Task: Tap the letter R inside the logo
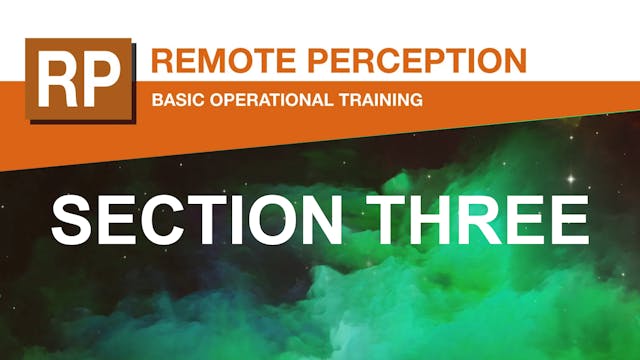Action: pos(57,80)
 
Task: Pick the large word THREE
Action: pos(484,220)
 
